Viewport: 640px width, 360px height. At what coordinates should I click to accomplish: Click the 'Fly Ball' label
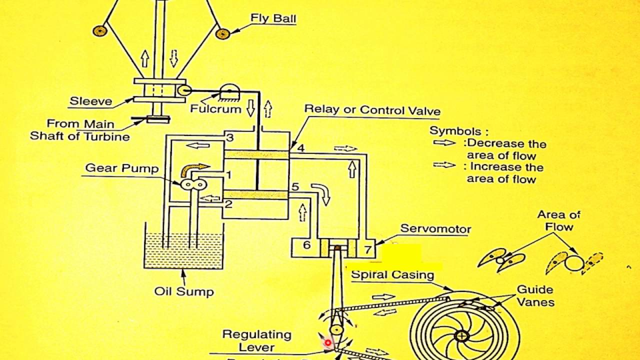pos(273,19)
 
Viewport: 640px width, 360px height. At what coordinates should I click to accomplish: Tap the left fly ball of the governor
pos(100,30)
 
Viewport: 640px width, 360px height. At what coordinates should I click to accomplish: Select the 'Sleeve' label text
pos(91,101)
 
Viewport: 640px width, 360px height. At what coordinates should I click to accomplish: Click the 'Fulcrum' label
pos(215,108)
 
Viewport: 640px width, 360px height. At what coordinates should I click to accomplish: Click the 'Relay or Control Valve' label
pos(372,110)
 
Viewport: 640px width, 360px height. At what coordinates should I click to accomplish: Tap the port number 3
pos(229,137)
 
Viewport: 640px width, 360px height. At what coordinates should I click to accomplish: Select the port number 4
pos(300,148)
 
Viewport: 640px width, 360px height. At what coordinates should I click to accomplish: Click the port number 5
pos(295,187)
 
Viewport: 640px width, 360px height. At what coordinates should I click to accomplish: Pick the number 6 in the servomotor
pos(306,245)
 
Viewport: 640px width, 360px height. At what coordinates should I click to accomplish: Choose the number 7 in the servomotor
pos(367,248)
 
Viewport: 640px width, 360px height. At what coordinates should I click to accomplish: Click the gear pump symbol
pos(194,185)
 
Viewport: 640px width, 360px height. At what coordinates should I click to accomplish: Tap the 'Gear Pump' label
pos(121,168)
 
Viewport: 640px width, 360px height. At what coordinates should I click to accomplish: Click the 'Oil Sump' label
pos(183,291)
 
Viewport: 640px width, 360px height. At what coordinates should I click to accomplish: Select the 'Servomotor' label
pos(435,229)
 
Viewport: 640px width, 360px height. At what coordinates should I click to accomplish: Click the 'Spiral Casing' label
pos(392,274)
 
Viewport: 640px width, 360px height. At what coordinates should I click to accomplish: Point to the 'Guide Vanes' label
pos(535,295)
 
